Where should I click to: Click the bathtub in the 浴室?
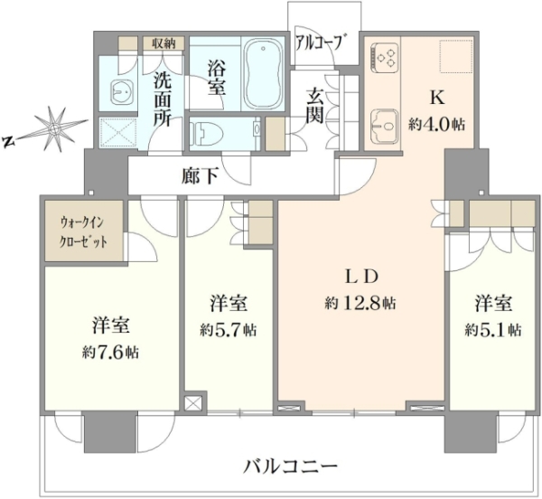[x=264, y=73]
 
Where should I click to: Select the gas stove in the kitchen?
[x=383, y=58]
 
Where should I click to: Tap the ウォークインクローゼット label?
[x=83, y=231]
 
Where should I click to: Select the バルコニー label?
[x=290, y=466]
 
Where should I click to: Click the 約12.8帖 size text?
[x=360, y=304]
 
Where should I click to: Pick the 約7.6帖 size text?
[x=110, y=353]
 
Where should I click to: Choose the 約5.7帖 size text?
[x=228, y=330]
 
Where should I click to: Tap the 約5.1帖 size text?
[x=493, y=330]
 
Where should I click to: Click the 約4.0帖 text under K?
[x=436, y=124]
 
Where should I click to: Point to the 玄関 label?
[x=315, y=105]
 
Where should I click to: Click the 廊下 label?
[x=200, y=177]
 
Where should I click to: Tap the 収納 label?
[x=164, y=43]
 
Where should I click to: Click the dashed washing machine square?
[x=118, y=132]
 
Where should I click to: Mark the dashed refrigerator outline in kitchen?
[x=456, y=56]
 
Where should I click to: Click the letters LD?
[x=360, y=277]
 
